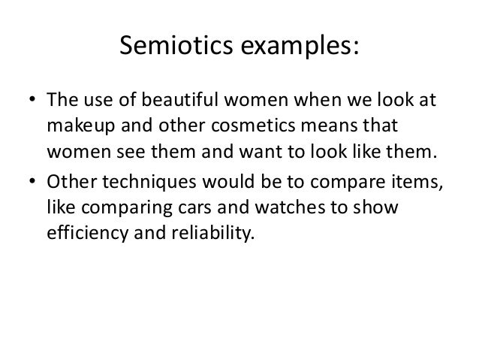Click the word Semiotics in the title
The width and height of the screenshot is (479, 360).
[169, 47]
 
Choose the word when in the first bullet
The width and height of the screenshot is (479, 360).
[323, 101]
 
